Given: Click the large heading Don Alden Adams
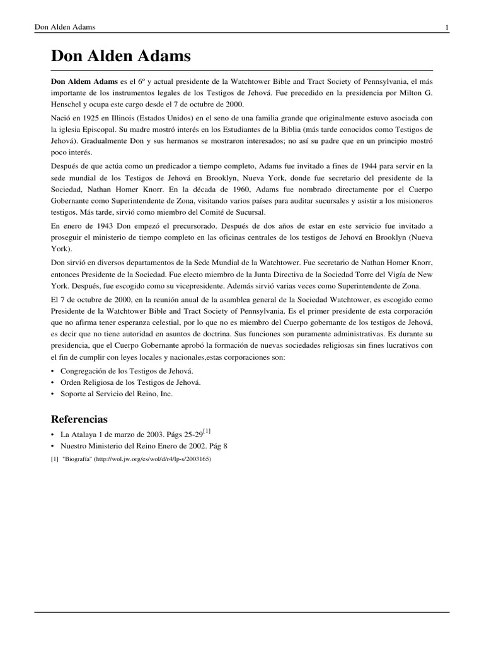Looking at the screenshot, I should pos(121,57).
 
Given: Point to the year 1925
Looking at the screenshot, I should pos(89,118).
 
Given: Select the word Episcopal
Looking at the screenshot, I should pos(96,129).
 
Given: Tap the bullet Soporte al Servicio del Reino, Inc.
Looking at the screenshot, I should pos(116,394).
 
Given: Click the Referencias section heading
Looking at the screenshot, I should pos(79,419).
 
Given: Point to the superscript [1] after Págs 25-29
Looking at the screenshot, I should pos(207,431).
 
